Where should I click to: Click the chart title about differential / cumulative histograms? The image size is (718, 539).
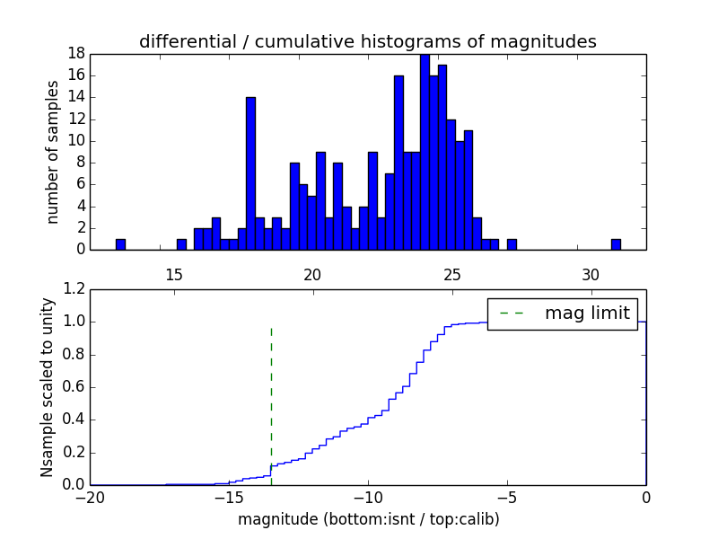click(x=367, y=41)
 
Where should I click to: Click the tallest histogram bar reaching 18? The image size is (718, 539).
click(x=425, y=153)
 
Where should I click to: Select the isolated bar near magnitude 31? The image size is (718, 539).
click(x=616, y=244)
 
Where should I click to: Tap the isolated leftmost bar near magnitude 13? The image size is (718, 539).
click(x=120, y=244)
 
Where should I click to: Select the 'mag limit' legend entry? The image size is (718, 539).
click(x=562, y=314)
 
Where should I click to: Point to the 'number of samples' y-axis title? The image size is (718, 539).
click(x=53, y=152)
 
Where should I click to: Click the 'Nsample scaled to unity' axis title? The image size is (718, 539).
click(x=47, y=386)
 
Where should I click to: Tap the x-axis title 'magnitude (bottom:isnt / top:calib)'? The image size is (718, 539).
click(x=368, y=519)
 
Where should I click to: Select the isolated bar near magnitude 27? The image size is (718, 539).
click(x=512, y=244)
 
